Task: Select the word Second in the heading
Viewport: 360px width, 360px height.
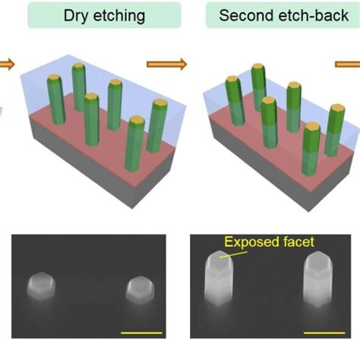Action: point(245,15)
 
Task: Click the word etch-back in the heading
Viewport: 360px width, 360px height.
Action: point(311,15)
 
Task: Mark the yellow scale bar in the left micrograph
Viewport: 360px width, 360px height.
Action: point(141,333)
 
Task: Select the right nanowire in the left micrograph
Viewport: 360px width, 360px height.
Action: point(140,289)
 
